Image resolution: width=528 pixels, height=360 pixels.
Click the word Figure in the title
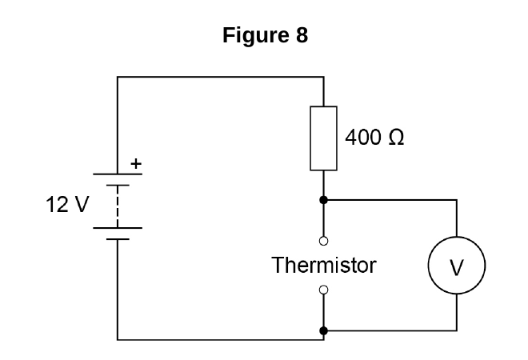point(255,35)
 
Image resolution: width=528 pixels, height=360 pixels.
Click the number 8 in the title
point(302,35)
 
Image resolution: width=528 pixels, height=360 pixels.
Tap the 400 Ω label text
point(374,138)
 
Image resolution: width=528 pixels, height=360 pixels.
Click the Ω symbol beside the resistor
point(396,138)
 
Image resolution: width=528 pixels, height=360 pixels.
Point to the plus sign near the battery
point(136,164)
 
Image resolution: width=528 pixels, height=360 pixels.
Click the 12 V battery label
point(67,204)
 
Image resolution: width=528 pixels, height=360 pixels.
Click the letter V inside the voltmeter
point(457,268)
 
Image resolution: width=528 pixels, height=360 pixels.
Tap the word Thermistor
point(324,265)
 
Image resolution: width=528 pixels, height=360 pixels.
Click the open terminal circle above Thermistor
point(323,241)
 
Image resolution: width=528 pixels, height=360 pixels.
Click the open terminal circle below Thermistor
point(323,290)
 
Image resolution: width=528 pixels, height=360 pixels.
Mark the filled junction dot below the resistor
point(323,200)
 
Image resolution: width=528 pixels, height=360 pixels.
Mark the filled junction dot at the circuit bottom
point(323,330)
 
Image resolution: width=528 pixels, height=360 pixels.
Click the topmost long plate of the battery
point(118,174)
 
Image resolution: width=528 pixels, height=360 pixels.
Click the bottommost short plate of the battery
point(118,239)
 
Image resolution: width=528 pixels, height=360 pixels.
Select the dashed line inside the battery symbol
point(118,206)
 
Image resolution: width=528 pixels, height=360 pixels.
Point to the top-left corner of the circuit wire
point(118,77)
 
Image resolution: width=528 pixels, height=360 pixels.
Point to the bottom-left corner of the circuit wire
point(118,339)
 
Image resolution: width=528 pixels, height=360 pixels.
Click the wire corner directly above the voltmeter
point(457,200)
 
